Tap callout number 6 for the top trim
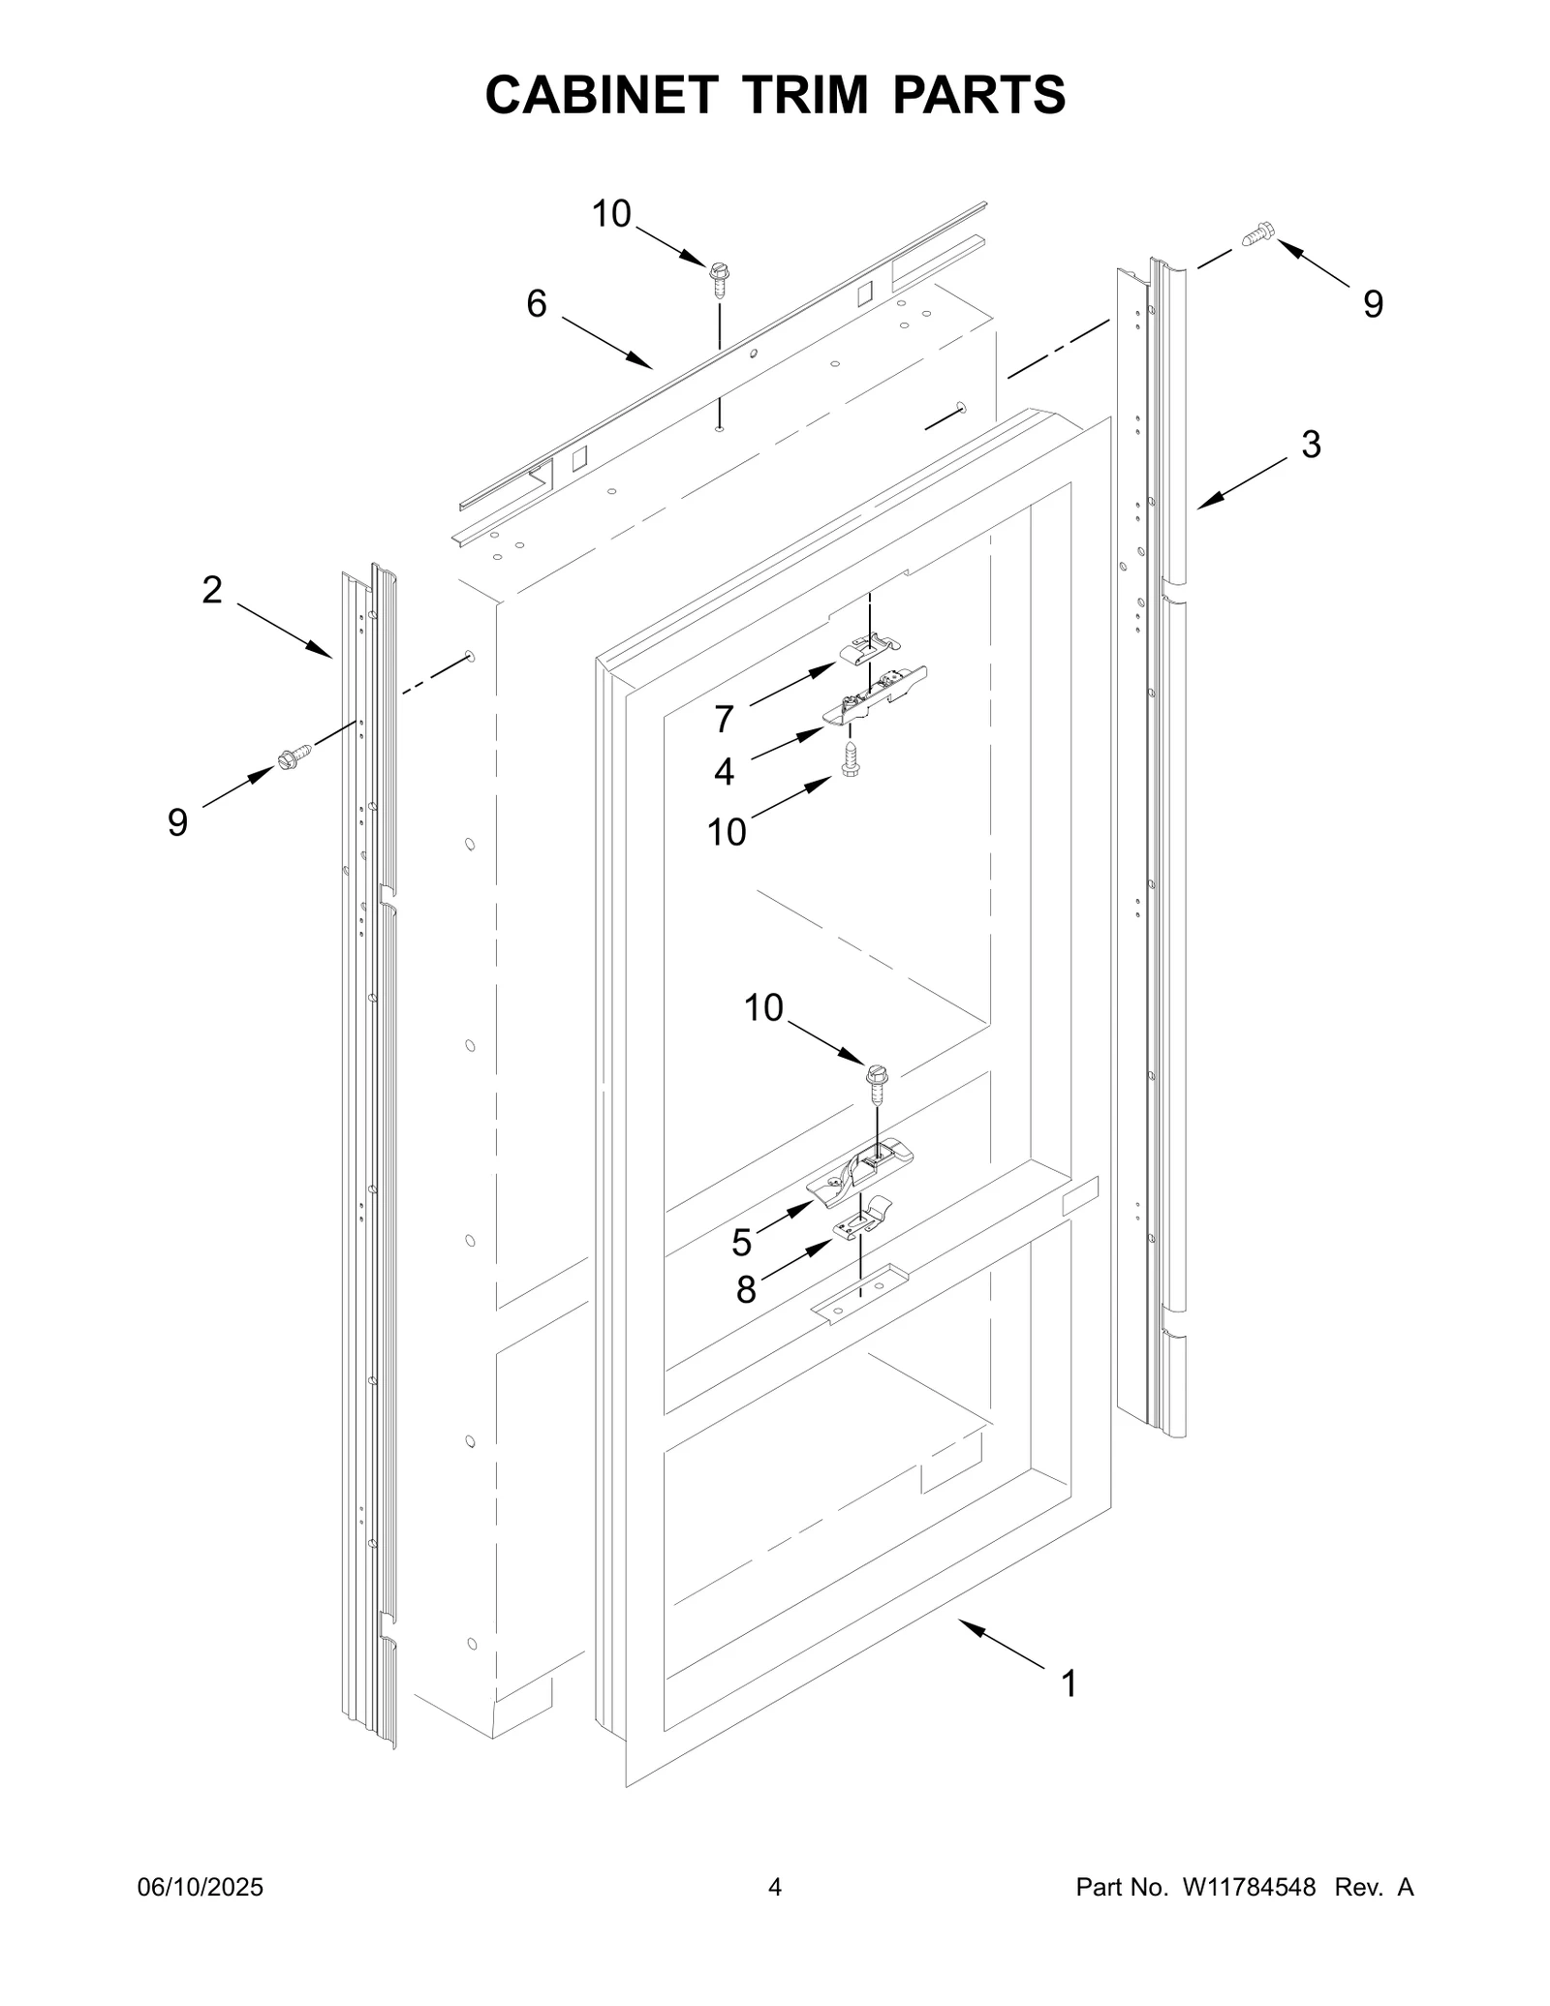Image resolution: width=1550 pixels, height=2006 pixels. (536, 304)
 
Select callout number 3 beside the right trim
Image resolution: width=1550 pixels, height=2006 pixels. (1310, 445)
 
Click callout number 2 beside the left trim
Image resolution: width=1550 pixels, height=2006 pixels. (212, 589)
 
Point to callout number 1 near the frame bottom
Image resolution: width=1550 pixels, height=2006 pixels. (1069, 1683)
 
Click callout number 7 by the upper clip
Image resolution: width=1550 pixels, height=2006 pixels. (724, 719)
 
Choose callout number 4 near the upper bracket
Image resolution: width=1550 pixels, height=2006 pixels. (724, 772)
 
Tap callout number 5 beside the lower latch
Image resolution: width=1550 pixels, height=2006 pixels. (741, 1242)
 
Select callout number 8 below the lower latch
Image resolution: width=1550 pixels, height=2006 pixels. (745, 1289)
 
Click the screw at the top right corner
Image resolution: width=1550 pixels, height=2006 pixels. (1257, 233)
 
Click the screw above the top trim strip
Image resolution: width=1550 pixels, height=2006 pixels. (719, 276)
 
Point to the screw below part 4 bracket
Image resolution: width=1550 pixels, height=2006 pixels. (852, 760)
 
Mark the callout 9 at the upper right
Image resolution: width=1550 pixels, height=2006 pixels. (1373, 304)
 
